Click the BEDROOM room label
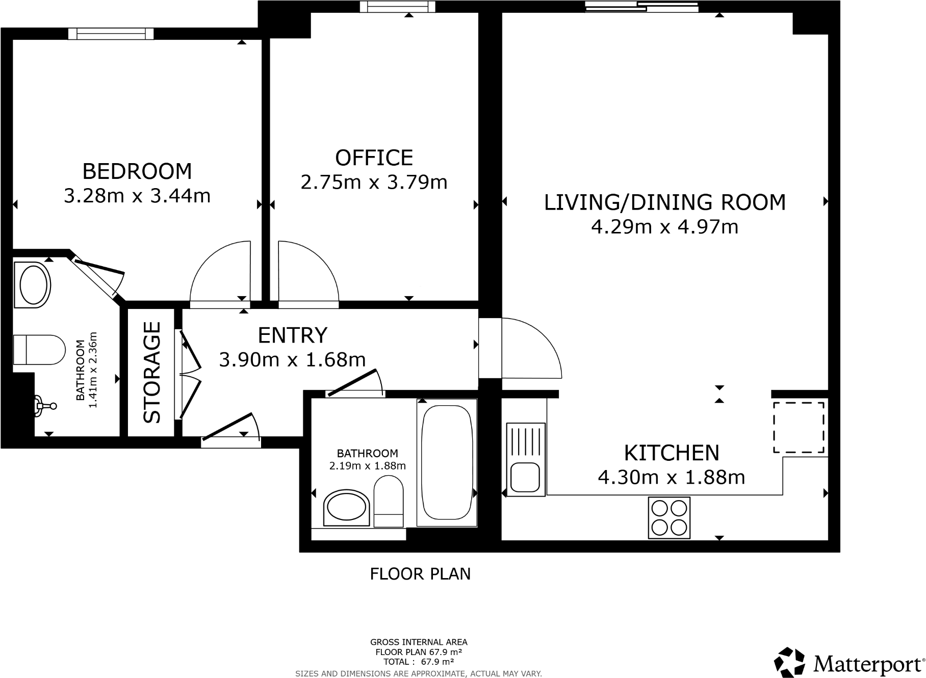pos(137,171)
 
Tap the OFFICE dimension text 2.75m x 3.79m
pos(374,182)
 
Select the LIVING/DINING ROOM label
pos(664,202)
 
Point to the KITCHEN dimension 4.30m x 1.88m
pos(671,478)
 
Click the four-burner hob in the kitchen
pos(669,517)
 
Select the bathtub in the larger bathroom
pos(447,463)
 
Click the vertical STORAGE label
pos(151,373)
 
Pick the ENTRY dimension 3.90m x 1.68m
pos(292,360)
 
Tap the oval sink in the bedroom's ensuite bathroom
pos(32,285)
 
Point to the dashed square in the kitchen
pos(799,427)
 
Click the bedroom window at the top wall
pos(111,34)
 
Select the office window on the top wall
pos(398,7)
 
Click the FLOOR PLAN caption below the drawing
pos(420,574)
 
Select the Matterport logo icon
pos(789,663)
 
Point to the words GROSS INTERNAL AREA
pos(418,642)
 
